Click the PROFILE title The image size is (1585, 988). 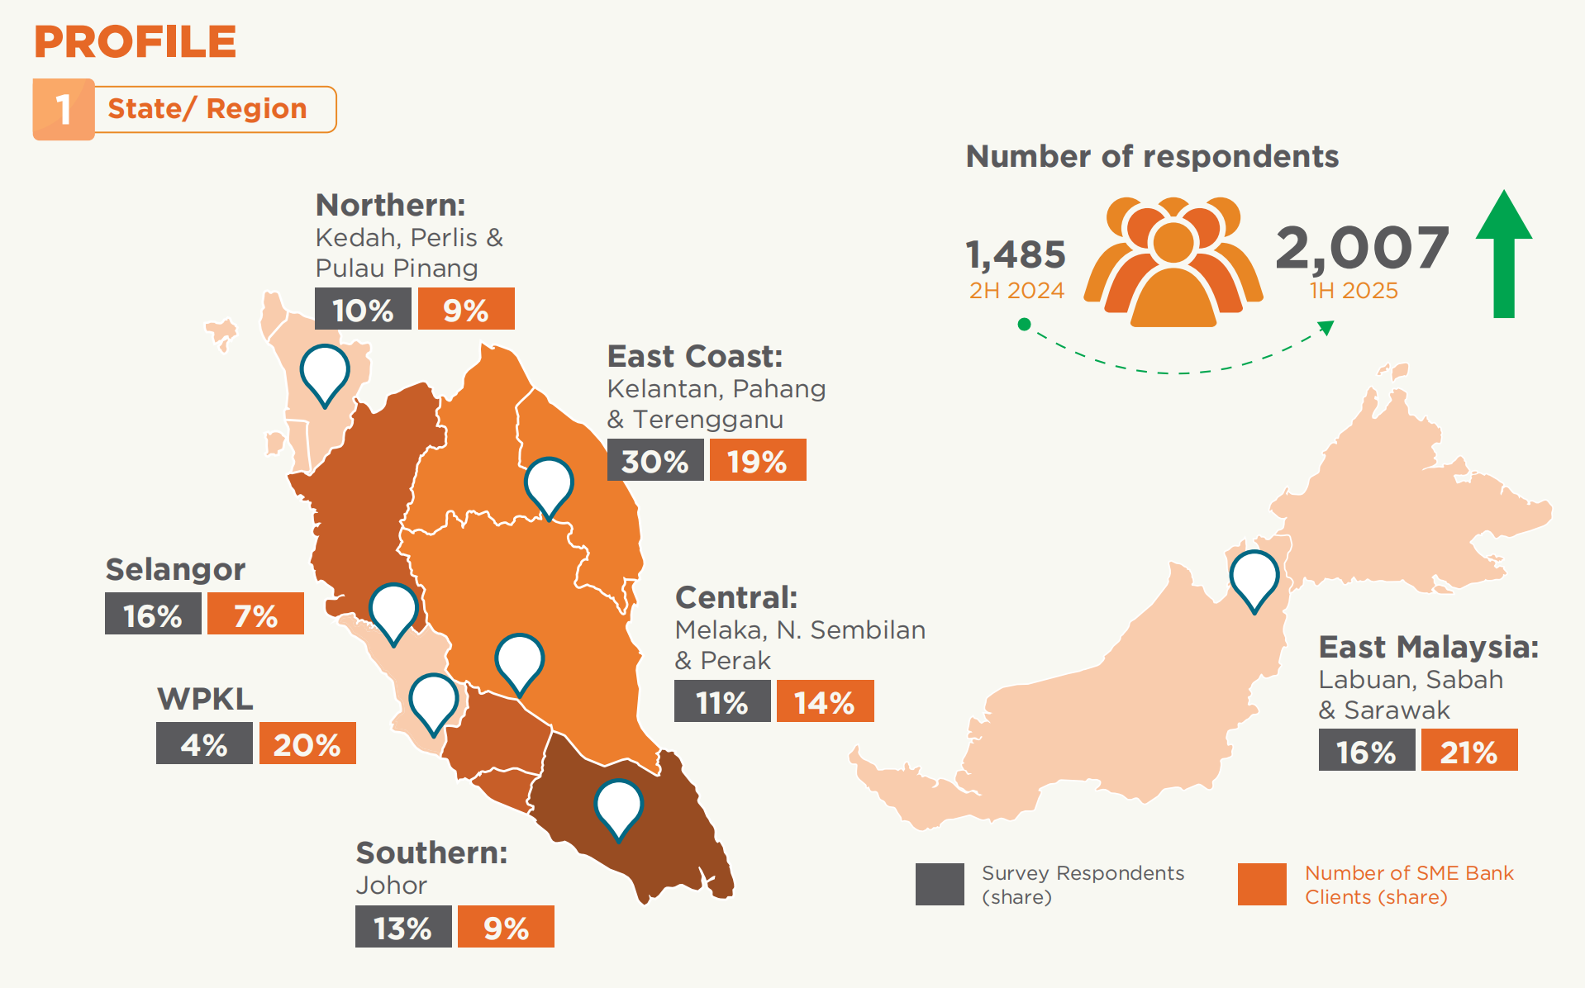coord(135,42)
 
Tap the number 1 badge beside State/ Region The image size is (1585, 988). coord(64,109)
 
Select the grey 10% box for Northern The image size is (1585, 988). coord(363,310)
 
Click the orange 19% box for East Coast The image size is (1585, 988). coord(757,461)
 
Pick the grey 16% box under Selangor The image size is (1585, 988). coord(153,615)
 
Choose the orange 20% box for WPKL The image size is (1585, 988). coord(307,744)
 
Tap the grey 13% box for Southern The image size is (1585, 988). coord(403,928)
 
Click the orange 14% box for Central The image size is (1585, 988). coord(825,702)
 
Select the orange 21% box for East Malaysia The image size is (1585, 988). coord(1468,751)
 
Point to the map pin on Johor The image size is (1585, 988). coord(619,805)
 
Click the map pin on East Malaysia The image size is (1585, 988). coord(1254,577)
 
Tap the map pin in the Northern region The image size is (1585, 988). coord(325,371)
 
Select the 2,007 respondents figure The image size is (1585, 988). coord(1362,248)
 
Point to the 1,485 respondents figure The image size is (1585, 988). coord(1016,254)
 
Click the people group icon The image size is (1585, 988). coord(1173,262)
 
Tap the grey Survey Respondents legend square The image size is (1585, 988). coord(940,884)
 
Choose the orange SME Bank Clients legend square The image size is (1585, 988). coord(1262,884)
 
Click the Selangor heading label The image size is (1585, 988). coord(175,569)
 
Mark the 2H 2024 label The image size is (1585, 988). coord(1016,291)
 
